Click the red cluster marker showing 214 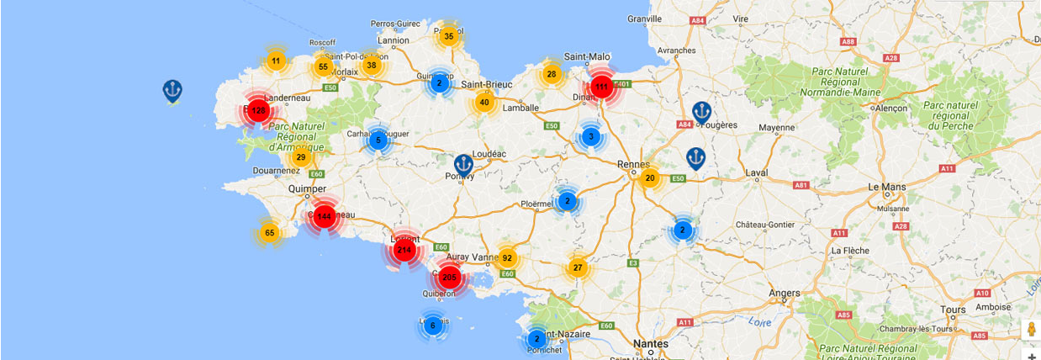[x=404, y=250]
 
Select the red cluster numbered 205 [x=450, y=278]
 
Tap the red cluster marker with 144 [x=324, y=217]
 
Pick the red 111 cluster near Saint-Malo [x=601, y=87]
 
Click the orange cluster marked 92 [x=507, y=258]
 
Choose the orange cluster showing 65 [x=270, y=233]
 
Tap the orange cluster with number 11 [x=276, y=61]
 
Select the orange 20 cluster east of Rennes [x=650, y=177]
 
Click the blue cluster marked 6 [x=433, y=326]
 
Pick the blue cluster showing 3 [x=591, y=136]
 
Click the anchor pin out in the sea [x=172, y=90]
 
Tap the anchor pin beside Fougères [x=701, y=112]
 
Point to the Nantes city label [x=653, y=344]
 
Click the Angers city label [x=785, y=293]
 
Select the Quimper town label [x=309, y=189]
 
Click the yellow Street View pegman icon [x=1031, y=329]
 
